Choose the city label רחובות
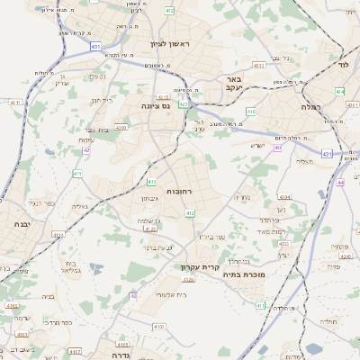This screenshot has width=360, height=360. click(x=181, y=191)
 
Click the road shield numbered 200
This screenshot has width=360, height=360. click(x=252, y=112)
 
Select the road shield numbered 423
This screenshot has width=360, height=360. click(x=183, y=104)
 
